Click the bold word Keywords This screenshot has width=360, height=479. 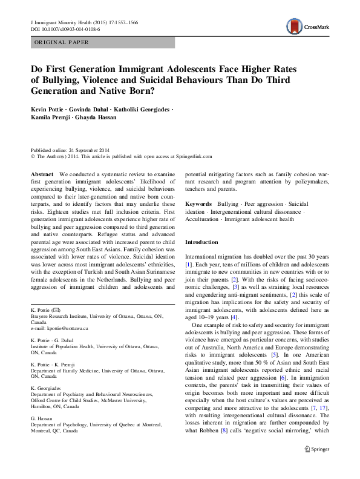click(x=198, y=205)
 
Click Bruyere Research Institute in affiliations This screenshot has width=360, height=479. click(x=59, y=315)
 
